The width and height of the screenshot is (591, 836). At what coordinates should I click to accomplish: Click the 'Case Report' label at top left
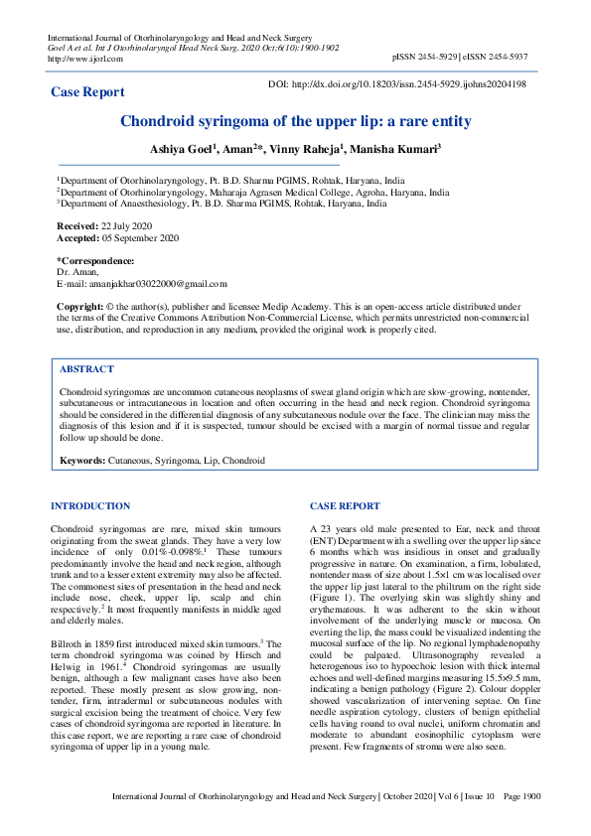pos(88,92)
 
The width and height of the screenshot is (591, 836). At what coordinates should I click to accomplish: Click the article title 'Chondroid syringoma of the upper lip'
pos(295,122)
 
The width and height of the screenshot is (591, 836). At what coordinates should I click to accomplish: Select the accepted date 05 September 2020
pos(141,238)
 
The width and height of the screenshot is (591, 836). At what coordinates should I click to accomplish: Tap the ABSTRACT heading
pos(86,368)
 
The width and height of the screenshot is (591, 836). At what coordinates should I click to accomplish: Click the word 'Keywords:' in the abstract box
pos(82,462)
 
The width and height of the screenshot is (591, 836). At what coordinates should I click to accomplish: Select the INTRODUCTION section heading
pos(89,506)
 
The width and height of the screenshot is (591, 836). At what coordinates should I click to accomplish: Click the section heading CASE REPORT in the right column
pos(345,506)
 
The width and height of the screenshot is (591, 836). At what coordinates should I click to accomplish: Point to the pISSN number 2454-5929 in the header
pos(439,59)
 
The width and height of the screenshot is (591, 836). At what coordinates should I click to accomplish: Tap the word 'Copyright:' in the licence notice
pos(81,308)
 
